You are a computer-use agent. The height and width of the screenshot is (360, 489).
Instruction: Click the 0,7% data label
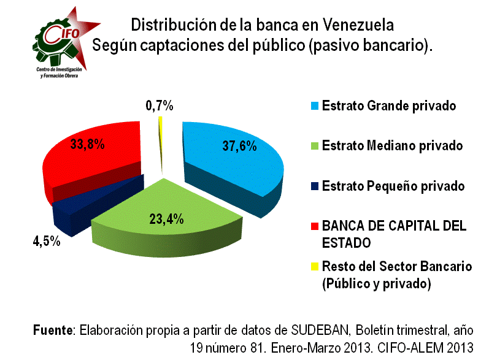click(160, 105)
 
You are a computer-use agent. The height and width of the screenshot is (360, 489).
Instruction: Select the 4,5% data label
click(46, 240)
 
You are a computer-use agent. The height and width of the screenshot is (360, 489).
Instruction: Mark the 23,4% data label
click(166, 219)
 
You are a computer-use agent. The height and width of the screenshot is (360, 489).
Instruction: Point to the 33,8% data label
click(86, 145)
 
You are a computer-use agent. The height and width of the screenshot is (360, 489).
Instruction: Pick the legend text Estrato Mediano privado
click(392, 146)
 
